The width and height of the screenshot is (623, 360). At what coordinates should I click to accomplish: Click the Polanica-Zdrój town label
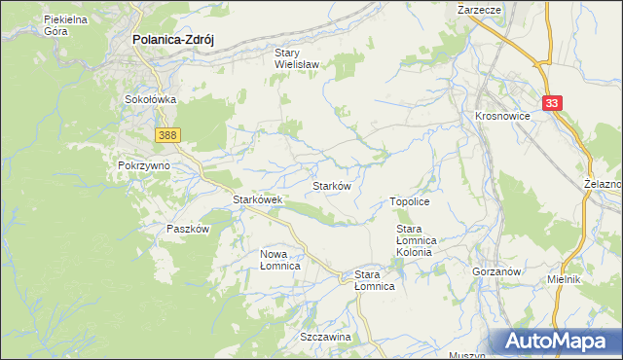pyautogui.click(x=172, y=41)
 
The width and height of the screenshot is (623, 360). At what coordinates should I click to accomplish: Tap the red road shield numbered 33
pyautogui.click(x=553, y=103)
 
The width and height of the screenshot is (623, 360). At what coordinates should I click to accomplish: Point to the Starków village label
pyautogui.click(x=331, y=185)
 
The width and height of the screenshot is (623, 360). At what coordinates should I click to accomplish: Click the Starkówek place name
pyautogui.click(x=257, y=199)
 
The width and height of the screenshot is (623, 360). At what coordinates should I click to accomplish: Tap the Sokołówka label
pyautogui.click(x=149, y=99)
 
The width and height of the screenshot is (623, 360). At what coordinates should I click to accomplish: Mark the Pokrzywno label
pyautogui.click(x=144, y=165)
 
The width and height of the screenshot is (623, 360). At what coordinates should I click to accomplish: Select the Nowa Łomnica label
pyautogui.click(x=279, y=259)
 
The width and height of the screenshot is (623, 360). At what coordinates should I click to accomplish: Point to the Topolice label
pyautogui.click(x=410, y=200)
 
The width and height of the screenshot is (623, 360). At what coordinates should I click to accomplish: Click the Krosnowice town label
pyautogui.click(x=501, y=115)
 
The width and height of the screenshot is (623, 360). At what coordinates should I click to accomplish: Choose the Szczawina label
pyautogui.click(x=325, y=336)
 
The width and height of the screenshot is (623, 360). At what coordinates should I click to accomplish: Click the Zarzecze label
pyautogui.click(x=479, y=8)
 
